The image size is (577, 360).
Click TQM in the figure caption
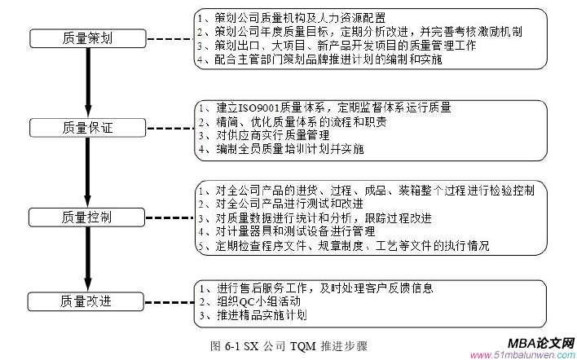point(302,345)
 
